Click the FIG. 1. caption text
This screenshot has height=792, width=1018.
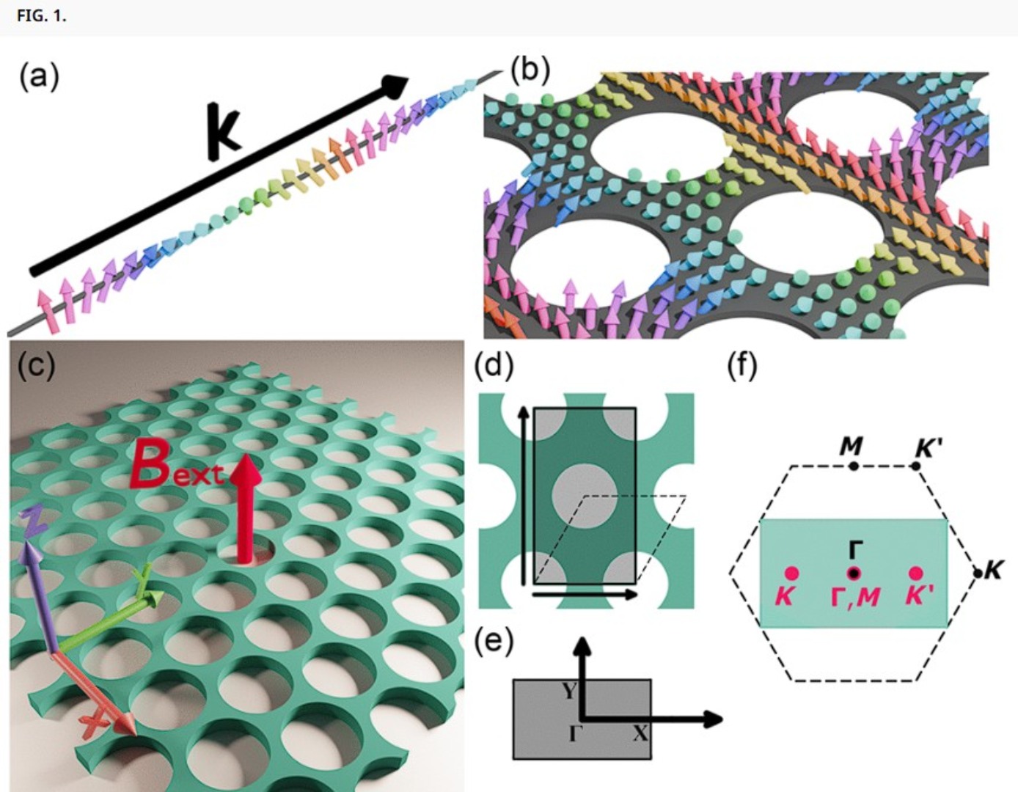pos(41,16)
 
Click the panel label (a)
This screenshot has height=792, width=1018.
pos(40,76)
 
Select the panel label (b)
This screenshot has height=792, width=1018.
pos(530,70)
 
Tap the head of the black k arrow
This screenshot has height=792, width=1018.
pos(396,85)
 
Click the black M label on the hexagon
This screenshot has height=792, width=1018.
pos(852,445)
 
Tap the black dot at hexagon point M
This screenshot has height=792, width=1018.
pos(853,466)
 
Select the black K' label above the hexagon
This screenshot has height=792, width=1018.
pos(928,447)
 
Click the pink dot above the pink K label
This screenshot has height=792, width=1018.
pos(791,573)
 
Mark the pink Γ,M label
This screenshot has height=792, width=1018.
pos(855,596)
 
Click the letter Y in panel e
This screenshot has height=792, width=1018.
pos(569,690)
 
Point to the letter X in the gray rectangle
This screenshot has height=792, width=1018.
pos(640,733)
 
